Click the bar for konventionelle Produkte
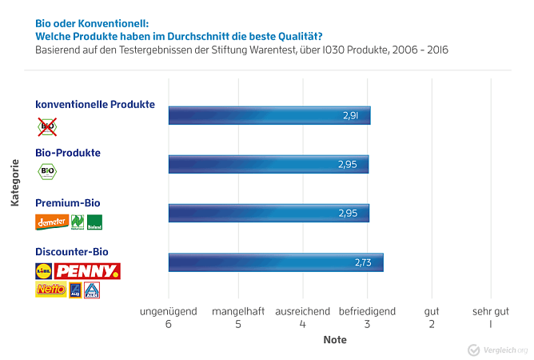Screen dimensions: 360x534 [x=269, y=115]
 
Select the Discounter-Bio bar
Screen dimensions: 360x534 [x=275, y=262]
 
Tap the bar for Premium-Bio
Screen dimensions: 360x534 [x=269, y=213]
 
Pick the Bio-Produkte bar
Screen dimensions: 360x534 [x=269, y=165]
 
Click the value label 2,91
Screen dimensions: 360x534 [x=350, y=116]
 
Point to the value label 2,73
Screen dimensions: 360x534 [x=363, y=262]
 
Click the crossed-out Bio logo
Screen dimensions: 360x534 [x=47, y=126]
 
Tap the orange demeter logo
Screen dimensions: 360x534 [x=50, y=222]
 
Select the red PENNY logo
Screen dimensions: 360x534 [x=87, y=271]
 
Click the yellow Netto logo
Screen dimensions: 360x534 [x=50, y=290]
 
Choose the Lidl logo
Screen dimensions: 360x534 [x=44, y=271]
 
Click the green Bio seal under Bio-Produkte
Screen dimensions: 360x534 [x=47, y=171]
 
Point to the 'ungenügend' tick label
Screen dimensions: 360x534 [x=168, y=311]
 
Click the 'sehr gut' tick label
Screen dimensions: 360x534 [x=490, y=311]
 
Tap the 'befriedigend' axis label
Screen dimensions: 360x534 [x=367, y=311]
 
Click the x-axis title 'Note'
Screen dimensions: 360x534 [x=335, y=340]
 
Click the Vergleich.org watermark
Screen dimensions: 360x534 [x=497, y=350]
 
